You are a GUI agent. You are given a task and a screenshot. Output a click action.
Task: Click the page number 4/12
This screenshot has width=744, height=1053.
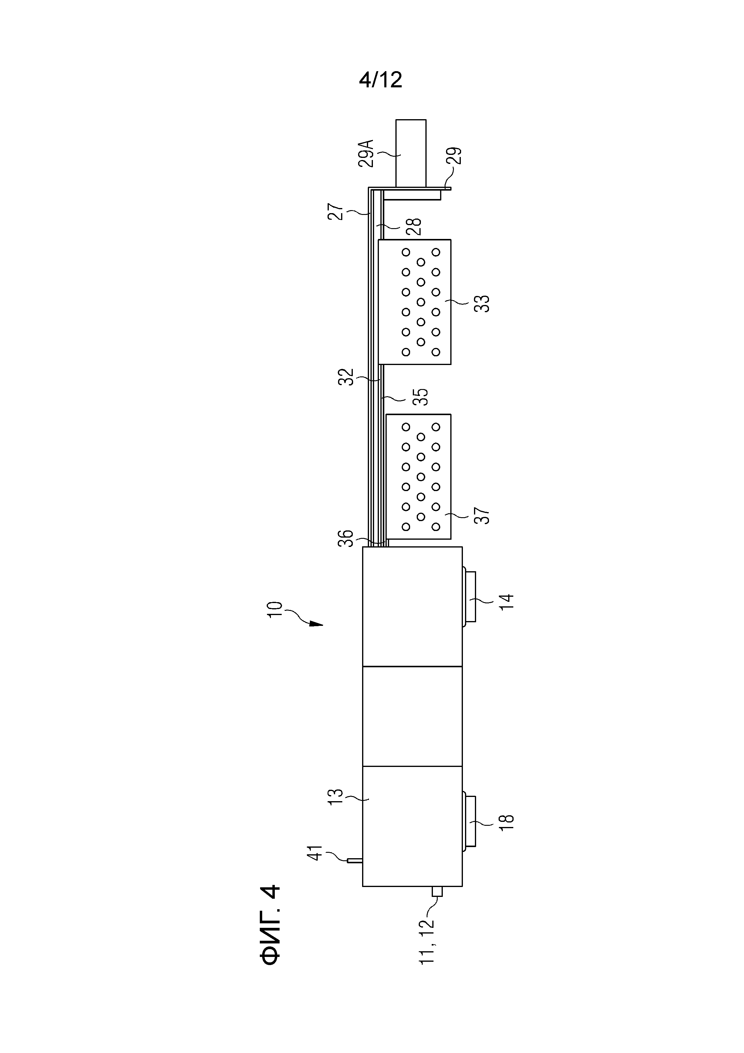[380, 80]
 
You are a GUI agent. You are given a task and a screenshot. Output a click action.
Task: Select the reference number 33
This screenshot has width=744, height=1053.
[482, 303]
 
